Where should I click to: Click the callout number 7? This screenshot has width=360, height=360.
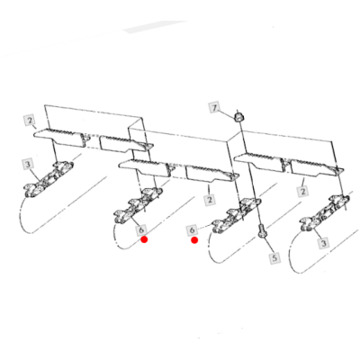click(x=214, y=108)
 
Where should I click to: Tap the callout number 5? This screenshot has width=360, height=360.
click(x=274, y=257)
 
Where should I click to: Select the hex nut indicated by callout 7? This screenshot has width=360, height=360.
click(x=238, y=117)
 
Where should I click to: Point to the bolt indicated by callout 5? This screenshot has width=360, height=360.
click(x=262, y=232)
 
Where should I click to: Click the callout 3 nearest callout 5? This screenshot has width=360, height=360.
click(x=323, y=242)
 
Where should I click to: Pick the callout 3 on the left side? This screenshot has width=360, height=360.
click(x=28, y=165)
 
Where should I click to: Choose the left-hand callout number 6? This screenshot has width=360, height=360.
click(x=141, y=230)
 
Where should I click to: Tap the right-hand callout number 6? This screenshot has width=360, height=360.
click(x=192, y=230)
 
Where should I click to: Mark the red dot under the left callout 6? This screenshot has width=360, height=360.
click(x=144, y=239)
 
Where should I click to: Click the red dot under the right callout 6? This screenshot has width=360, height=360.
click(x=194, y=240)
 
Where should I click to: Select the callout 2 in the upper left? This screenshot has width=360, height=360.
click(x=30, y=121)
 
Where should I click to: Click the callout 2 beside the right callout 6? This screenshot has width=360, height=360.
click(x=210, y=200)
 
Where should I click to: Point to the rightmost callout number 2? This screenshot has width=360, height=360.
click(x=302, y=192)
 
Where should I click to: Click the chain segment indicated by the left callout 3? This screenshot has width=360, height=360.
click(x=49, y=179)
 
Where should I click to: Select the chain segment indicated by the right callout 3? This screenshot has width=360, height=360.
click(x=326, y=213)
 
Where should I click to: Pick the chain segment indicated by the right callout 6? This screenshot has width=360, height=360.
click(x=237, y=216)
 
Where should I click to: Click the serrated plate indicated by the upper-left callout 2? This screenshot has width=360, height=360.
click(x=60, y=138)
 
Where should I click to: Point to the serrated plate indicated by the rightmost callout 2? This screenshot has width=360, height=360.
click(x=318, y=167)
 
